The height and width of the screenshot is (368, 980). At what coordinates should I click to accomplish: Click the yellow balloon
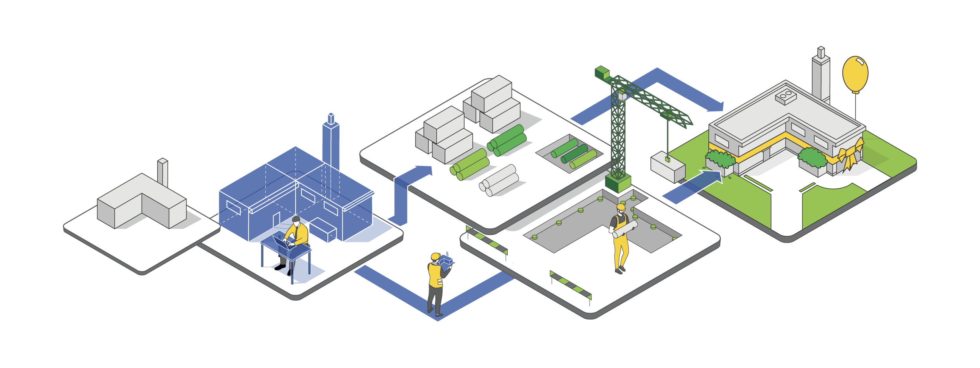point(855,74)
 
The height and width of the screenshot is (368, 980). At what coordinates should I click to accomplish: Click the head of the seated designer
point(296,220)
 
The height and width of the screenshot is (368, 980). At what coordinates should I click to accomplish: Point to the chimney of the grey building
point(163,173)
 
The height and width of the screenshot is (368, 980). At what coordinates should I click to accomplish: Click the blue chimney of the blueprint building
point(331,141)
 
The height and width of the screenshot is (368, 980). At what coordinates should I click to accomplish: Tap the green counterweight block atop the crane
point(602,73)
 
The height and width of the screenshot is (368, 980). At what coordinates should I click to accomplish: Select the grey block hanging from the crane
point(668,168)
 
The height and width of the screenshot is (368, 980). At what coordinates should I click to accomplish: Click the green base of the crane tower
point(618,183)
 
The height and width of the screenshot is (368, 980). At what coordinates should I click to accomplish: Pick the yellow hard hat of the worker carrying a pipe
point(621,207)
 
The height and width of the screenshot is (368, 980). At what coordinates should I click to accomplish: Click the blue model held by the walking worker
point(446,261)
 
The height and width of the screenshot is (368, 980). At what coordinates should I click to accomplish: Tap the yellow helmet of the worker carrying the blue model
point(435,257)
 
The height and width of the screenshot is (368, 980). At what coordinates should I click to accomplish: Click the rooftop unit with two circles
point(786,96)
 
